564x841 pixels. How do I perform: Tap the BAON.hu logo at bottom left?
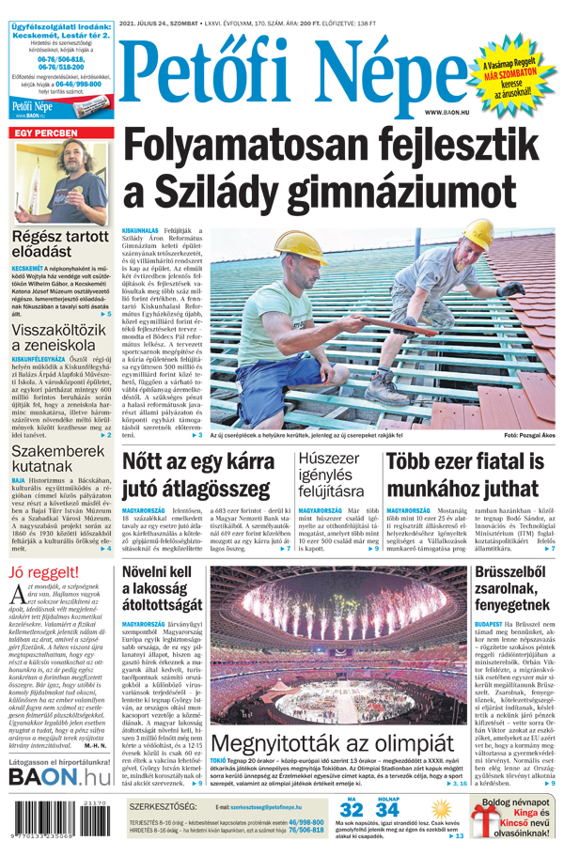pos(59,776)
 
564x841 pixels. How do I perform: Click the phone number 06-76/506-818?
pos(58,59)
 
